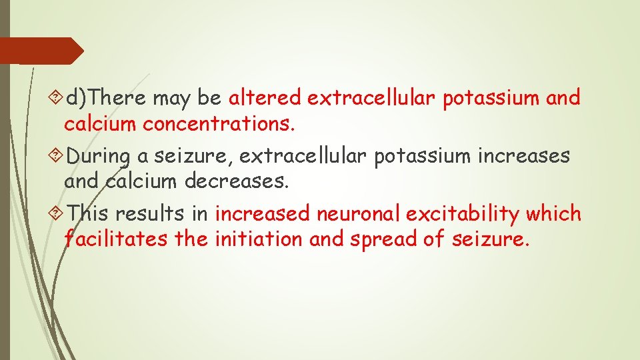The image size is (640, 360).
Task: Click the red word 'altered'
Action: [265, 98]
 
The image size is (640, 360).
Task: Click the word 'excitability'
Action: [463, 214]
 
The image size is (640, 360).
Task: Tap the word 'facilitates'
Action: [115, 239]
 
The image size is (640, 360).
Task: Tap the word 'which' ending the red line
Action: [553, 214]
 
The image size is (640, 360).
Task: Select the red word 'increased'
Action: [263, 214]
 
